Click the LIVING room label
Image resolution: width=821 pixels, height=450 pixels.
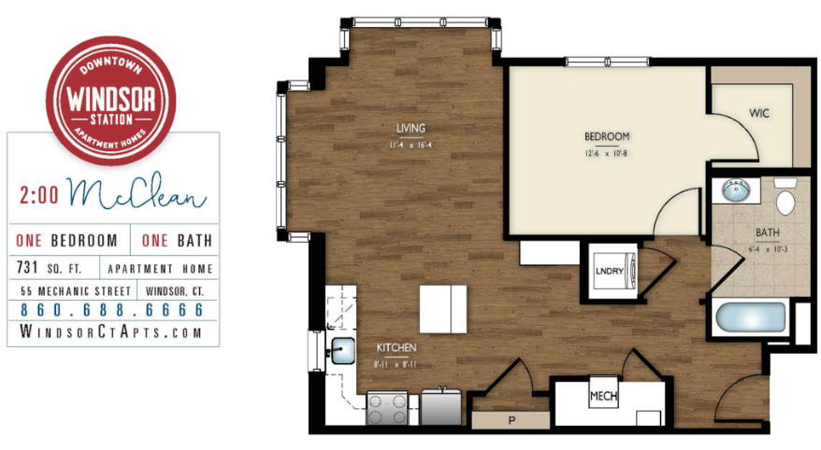[x=410, y=128]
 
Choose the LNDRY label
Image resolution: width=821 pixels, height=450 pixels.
[x=609, y=272]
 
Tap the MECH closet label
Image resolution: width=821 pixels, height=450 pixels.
[x=602, y=397]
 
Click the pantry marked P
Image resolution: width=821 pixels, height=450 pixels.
[x=511, y=420]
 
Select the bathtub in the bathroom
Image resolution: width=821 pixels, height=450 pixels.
[x=751, y=317]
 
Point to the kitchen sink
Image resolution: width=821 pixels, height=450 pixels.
[x=342, y=351]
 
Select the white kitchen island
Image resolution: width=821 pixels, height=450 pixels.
[x=442, y=308]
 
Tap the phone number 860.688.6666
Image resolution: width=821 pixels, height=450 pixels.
[x=113, y=310]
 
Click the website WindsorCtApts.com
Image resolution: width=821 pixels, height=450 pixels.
[x=113, y=332]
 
